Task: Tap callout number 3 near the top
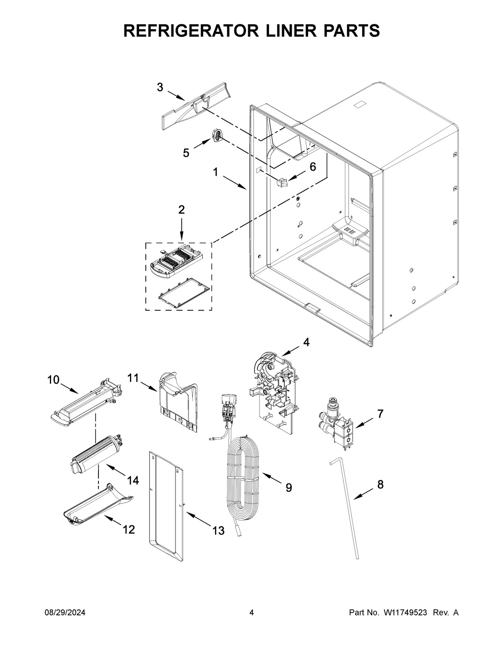(x=160, y=87)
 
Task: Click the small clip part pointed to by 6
(x=281, y=182)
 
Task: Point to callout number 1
(x=215, y=172)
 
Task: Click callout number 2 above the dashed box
(x=181, y=210)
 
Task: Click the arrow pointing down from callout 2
(x=181, y=229)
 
